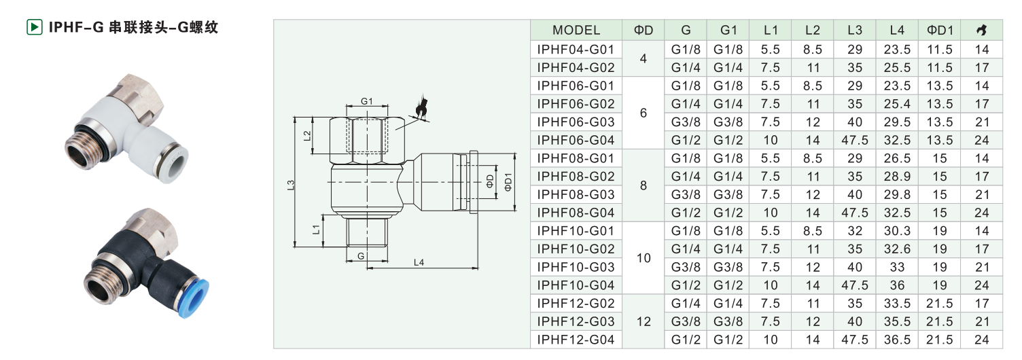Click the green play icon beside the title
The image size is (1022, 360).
[34, 27]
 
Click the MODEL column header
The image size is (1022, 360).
[576, 30]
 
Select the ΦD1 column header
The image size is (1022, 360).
[939, 30]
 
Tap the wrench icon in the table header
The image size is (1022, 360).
[981, 30]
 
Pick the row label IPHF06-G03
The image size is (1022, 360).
[576, 122]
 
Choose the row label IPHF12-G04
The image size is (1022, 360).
[576, 340]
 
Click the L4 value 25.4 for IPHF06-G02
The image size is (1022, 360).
[896, 104]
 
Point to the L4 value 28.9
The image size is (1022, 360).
[896, 177]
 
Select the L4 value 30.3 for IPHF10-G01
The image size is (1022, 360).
[896, 231]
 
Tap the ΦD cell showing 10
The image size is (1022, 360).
[644, 258]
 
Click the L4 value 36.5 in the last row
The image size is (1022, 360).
[896, 340]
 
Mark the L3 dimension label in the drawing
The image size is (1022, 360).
[291, 185]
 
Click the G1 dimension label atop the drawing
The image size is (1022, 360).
[367, 101]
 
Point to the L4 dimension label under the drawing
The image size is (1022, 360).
[419, 262]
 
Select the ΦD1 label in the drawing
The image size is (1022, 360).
[508, 182]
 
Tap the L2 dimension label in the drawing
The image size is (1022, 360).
[307, 136]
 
